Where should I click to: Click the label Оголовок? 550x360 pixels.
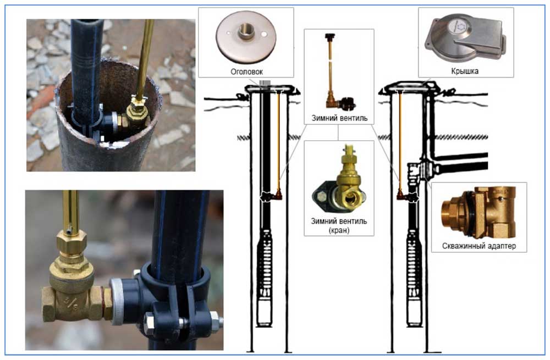[246, 71]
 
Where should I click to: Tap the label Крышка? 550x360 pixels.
[464, 71]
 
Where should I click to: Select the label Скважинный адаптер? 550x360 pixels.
[479, 246]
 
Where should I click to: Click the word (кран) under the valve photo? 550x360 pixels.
[339, 230]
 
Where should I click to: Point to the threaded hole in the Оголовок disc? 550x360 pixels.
[246, 32]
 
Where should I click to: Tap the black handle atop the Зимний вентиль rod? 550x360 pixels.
[329, 36]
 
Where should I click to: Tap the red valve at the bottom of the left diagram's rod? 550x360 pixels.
[278, 194]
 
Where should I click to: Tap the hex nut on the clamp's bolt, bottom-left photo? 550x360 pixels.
[215, 322]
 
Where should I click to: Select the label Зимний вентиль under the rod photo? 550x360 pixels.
[339, 118]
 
